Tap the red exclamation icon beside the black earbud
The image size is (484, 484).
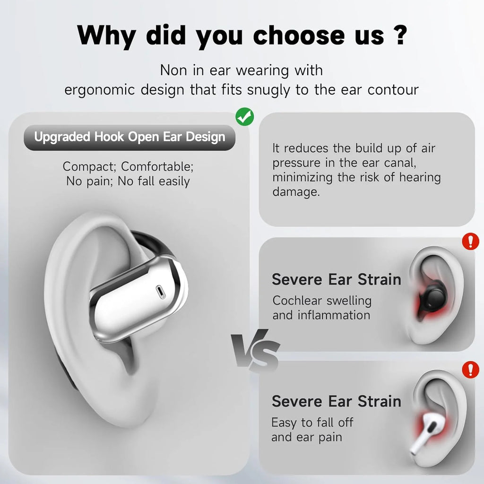click(470, 242)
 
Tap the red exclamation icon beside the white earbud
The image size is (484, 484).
click(470, 369)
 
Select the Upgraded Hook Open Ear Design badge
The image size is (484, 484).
click(130, 138)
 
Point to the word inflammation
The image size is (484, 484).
click(334, 315)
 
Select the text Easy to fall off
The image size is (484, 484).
click(312, 422)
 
